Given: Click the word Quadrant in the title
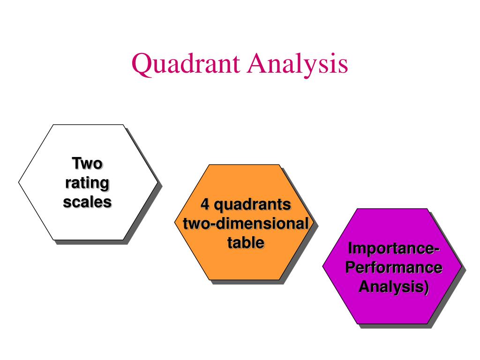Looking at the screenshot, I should [183, 65].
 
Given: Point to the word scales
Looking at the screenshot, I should [87, 202].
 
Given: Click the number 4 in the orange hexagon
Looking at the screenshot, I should [204, 205].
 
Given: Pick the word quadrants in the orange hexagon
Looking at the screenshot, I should [253, 205].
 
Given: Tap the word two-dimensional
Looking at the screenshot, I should [245, 224].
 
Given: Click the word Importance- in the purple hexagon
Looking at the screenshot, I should [393, 248].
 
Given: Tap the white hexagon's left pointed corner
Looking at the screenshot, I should [19, 182].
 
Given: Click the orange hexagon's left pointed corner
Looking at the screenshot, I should [175, 222].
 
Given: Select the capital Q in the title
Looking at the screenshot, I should [140, 65].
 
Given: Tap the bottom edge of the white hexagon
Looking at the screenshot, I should [89, 240].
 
